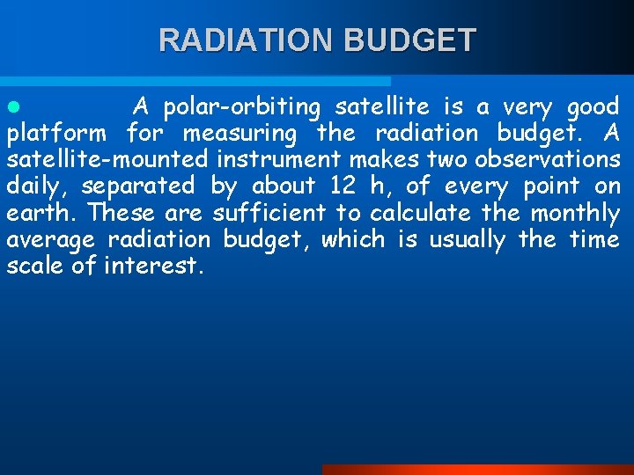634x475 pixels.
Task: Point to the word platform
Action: pyautogui.click(x=56, y=134)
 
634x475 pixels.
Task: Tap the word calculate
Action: pyautogui.click(x=420, y=213)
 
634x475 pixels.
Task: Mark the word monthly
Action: pyautogui.click(x=574, y=213)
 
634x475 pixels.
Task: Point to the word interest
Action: pyautogui.click(x=154, y=266)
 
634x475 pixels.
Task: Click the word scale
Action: pyautogui.click(x=35, y=266)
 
